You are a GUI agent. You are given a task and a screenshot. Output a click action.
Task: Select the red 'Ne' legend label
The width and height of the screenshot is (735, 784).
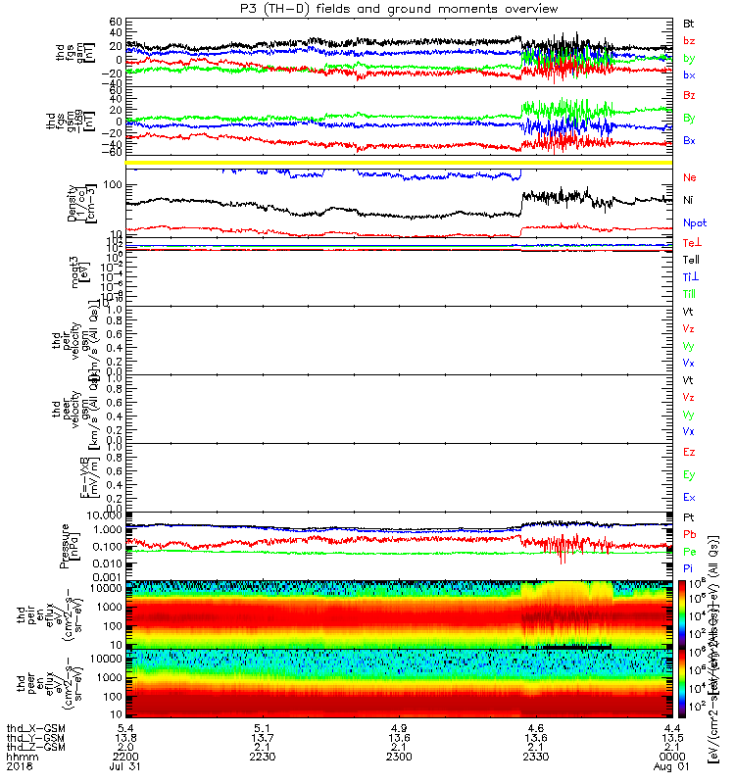[x=689, y=177]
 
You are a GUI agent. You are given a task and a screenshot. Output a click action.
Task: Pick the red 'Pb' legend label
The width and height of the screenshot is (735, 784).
[x=689, y=534]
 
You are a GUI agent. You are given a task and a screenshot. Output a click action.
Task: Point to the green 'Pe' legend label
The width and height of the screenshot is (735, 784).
[x=689, y=552]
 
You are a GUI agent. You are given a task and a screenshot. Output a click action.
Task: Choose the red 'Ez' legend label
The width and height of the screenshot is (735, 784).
[x=689, y=452]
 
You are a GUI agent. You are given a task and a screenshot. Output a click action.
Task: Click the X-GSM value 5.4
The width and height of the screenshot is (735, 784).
[x=125, y=729]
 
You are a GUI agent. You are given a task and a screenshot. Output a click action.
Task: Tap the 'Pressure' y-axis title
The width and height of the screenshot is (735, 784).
[x=65, y=545]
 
